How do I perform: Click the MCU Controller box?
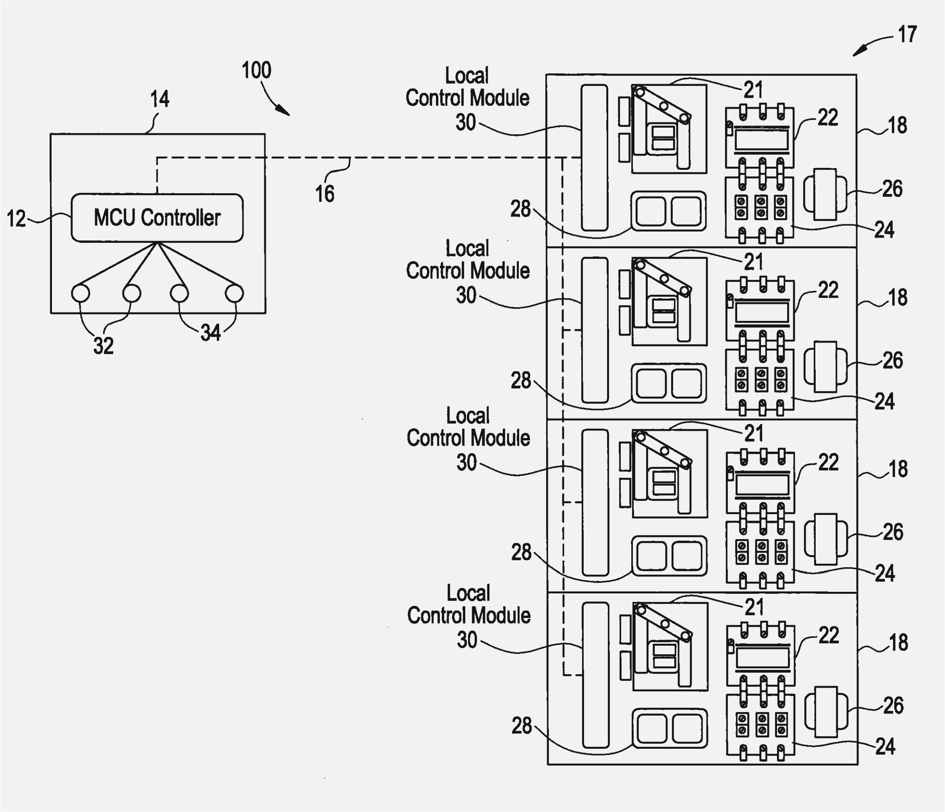[x=157, y=218]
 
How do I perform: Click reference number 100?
[x=256, y=70]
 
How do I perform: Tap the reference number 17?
[x=907, y=35]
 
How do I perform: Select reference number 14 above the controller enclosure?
[x=160, y=99]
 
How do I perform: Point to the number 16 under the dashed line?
[x=325, y=194]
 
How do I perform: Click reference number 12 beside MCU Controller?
[x=16, y=219]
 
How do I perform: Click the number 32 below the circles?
[x=103, y=345]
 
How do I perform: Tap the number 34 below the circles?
[x=210, y=333]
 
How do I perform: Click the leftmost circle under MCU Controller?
[x=81, y=293]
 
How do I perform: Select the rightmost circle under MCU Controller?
[x=234, y=293]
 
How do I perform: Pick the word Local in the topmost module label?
[x=466, y=76]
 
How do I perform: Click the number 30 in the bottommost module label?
[x=466, y=640]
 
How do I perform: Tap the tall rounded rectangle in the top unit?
[x=594, y=157]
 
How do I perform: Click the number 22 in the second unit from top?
[x=828, y=290]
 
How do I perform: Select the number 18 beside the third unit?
[x=897, y=469]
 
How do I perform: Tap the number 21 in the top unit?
[x=753, y=90]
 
